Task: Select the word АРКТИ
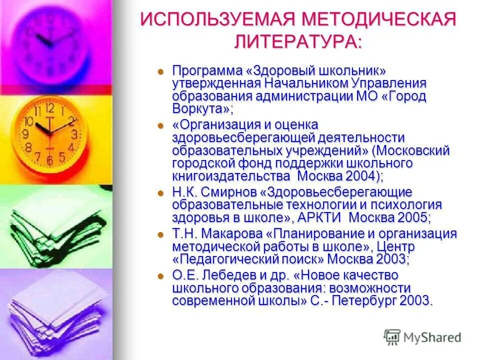(320, 217)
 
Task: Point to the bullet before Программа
(161, 71)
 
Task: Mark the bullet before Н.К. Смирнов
(161, 192)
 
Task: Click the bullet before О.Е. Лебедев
(161, 275)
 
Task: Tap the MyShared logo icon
(392, 337)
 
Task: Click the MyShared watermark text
(433, 337)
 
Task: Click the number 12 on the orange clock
(49, 108)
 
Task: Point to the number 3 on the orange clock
(74, 134)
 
